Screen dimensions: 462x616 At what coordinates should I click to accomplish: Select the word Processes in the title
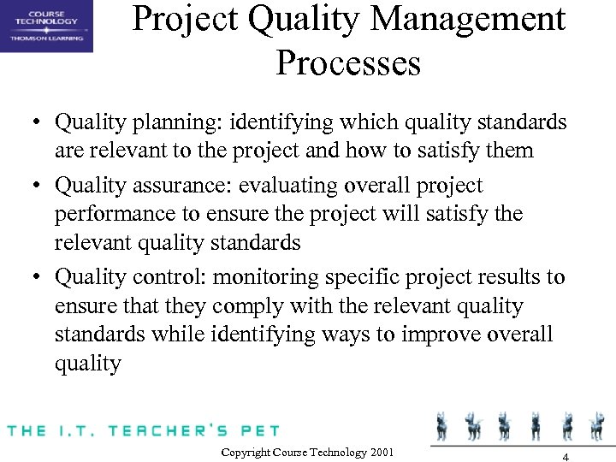[x=348, y=63]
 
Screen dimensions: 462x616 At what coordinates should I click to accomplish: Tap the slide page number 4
[x=566, y=456]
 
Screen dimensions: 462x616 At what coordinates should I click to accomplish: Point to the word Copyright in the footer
[x=247, y=452]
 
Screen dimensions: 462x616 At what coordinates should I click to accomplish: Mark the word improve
[x=445, y=334]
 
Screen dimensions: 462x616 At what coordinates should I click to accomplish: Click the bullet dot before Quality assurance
[x=40, y=186]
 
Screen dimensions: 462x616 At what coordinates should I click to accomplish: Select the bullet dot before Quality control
[x=40, y=277]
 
